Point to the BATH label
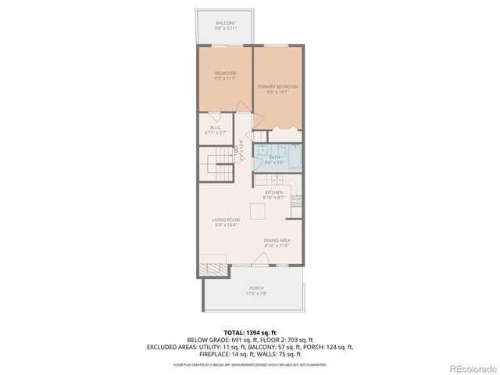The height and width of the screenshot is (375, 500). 274,160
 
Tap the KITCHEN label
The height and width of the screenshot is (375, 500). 273,195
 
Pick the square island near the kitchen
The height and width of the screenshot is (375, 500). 257,211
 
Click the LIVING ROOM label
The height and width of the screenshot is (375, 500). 225,223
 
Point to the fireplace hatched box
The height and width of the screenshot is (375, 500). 209,270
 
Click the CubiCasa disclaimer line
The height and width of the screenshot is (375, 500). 250,364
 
